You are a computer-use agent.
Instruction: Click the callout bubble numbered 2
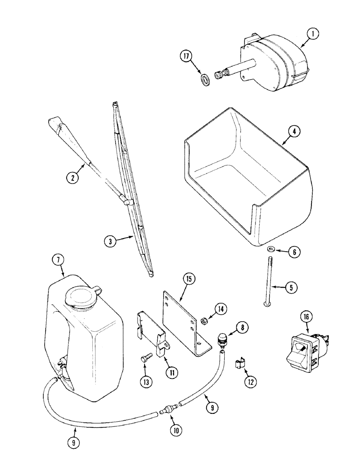click(73, 177)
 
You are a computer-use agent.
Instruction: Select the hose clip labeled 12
click(242, 364)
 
